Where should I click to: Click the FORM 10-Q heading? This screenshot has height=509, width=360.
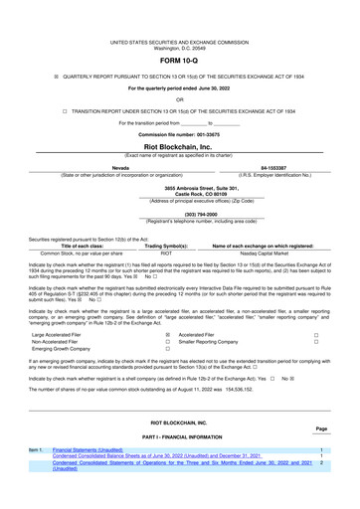pos(179,59)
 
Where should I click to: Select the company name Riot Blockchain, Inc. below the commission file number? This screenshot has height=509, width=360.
pos(179,145)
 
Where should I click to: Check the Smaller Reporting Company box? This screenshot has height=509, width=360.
pos(315,343)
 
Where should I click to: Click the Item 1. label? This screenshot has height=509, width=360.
pos(36,450)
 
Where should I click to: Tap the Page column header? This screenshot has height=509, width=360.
pos(321,428)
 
